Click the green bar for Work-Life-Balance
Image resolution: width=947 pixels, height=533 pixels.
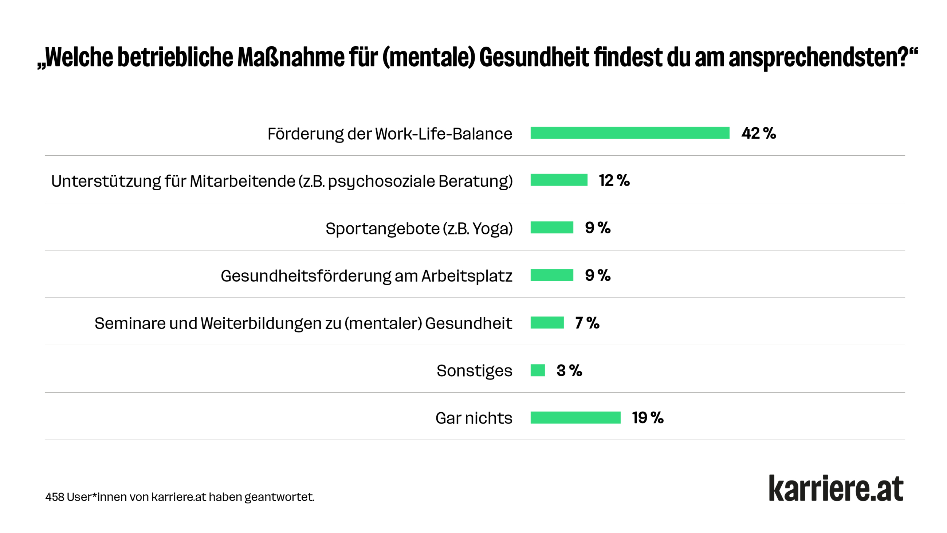[x=629, y=133]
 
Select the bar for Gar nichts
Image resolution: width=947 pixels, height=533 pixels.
[x=575, y=417]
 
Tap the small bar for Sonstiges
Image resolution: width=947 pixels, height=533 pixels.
[x=538, y=370]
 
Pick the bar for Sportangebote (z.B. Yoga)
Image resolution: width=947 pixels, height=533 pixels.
[x=551, y=228]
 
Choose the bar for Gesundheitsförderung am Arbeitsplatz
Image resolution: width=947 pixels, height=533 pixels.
[x=551, y=275]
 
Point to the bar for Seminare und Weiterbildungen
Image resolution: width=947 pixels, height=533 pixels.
[x=547, y=323]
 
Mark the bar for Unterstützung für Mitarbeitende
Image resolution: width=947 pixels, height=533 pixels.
[x=559, y=180]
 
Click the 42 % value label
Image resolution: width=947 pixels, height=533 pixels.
[x=758, y=133]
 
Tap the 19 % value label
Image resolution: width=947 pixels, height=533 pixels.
[x=647, y=417]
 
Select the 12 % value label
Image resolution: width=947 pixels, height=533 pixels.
[x=614, y=180]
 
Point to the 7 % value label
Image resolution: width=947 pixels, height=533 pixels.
[x=587, y=323]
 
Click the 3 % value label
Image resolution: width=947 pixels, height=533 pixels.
[x=569, y=370]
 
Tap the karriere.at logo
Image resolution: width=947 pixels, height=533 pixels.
[x=836, y=488]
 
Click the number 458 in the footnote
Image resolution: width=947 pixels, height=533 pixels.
[x=54, y=497]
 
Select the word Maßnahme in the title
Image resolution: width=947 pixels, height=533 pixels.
[x=290, y=57]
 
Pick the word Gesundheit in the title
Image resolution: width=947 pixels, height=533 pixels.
[x=534, y=57]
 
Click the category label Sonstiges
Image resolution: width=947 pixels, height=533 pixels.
[x=474, y=370]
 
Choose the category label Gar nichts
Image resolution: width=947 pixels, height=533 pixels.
[x=473, y=418]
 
